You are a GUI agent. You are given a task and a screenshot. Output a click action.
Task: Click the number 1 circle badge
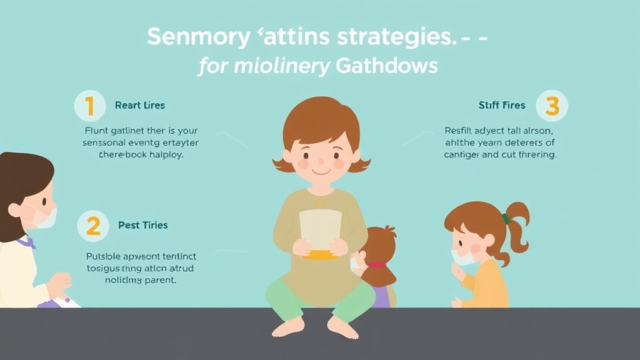90,106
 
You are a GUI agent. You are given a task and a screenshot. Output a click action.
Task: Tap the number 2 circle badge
93,226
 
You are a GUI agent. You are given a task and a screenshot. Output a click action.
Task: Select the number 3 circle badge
552,105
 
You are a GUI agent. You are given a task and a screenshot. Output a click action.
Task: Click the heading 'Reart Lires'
140,106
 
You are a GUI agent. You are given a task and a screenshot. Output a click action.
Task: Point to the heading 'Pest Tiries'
142,225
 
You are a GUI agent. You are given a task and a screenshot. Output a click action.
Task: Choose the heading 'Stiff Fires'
502,106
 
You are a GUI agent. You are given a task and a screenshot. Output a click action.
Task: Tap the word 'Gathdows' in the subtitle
387,66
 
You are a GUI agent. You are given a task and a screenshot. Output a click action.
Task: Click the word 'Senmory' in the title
197,37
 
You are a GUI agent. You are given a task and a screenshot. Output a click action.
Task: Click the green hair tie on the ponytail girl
505,219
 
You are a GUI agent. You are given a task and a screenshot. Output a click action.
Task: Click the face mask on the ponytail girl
463,256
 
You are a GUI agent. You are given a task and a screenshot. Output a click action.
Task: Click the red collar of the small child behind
376,264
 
